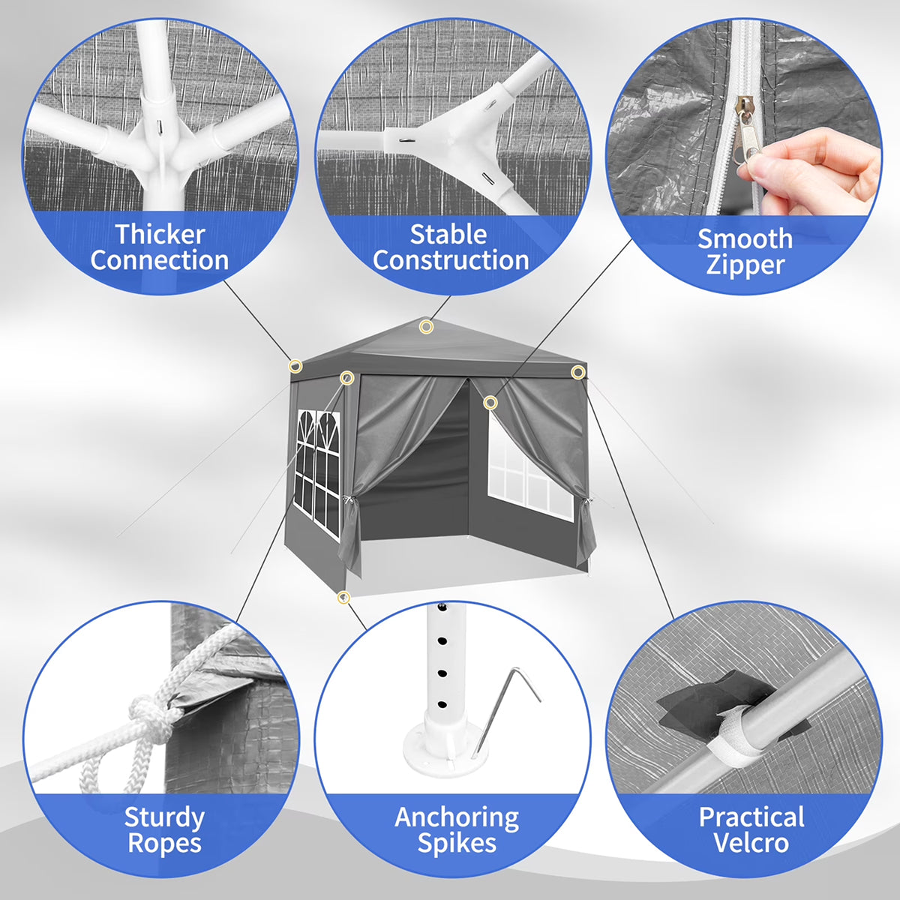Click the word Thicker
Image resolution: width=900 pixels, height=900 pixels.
tap(160, 234)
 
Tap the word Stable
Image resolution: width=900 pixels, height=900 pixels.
tap(448, 235)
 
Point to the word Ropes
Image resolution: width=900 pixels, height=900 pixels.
tap(164, 842)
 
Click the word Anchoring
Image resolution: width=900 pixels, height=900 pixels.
tap(457, 817)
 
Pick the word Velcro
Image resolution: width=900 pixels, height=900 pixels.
tap(751, 842)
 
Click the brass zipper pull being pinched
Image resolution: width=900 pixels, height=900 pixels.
tap(745, 131)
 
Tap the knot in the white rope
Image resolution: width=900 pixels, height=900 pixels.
tap(148, 715)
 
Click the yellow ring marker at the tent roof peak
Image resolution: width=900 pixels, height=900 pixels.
tap(425, 327)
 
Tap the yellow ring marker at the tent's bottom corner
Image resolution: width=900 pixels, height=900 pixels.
tap(343, 597)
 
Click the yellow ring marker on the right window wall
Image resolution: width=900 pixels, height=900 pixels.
tap(490, 403)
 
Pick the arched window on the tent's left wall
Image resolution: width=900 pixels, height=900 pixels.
tap(317, 473)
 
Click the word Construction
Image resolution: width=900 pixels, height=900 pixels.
tap(451, 260)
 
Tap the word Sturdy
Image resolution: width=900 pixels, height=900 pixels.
tap(164, 817)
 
